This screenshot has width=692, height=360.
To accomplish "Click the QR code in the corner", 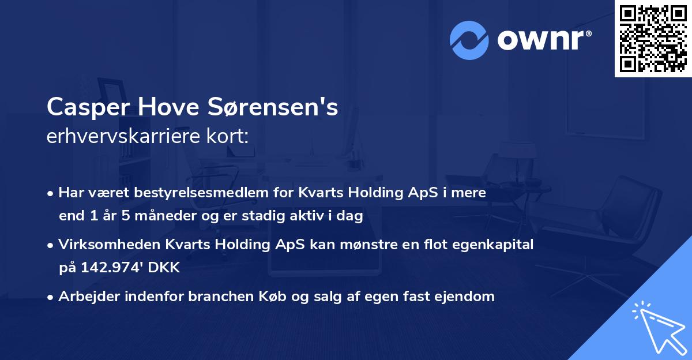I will pyautogui.click(x=652, y=38).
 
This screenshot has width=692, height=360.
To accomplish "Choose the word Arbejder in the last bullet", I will pyautogui.click(x=85, y=297).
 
